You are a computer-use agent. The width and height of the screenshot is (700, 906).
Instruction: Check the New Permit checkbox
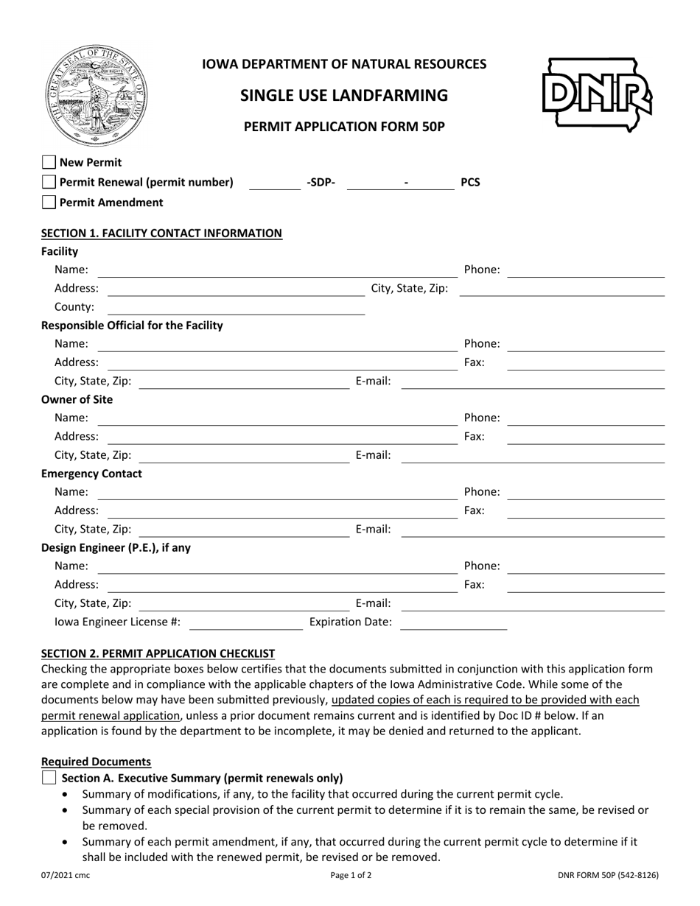coord(49,163)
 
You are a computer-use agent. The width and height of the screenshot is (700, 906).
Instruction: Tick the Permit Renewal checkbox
coord(49,182)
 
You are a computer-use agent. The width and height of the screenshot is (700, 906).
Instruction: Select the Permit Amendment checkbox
coord(49,202)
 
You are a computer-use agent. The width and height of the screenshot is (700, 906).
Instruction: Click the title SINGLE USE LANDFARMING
coord(344,96)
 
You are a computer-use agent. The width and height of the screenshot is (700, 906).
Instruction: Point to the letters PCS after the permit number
coord(470,182)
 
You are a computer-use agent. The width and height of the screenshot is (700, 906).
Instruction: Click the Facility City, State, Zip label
coord(409,289)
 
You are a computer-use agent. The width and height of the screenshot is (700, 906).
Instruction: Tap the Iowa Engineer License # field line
coord(246,623)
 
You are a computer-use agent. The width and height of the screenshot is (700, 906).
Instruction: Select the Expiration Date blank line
coord(453,623)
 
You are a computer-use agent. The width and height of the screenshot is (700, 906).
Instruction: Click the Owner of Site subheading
coord(77,400)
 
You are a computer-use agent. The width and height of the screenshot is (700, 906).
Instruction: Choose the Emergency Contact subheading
coord(91,474)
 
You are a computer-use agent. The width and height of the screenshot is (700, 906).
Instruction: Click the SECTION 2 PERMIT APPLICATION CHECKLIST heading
coord(158,653)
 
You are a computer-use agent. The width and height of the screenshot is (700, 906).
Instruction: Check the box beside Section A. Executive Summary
coord(49,778)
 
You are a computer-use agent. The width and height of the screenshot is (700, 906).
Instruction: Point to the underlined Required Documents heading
coord(96,762)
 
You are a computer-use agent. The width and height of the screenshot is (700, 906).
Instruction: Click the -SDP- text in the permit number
coord(320,182)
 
